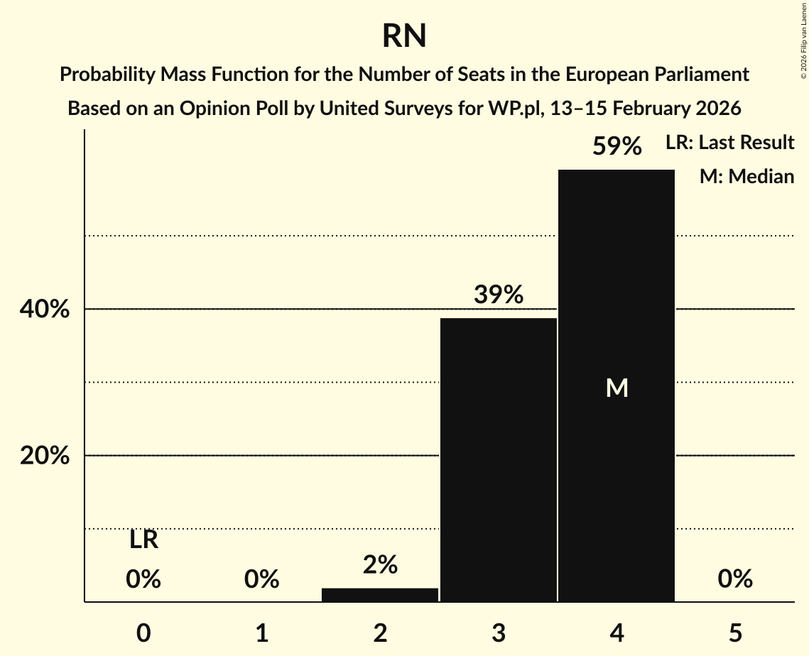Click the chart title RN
click(x=404, y=35)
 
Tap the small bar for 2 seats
click(x=380, y=595)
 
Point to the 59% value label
click(x=617, y=147)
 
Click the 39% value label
click(x=499, y=295)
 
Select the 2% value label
click(x=380, y=564)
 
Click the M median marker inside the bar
click(x=617, y=388)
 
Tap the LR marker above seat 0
click(x=143, y=540)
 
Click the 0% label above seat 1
click(x=261, y=579)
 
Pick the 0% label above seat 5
click(x=734, y=579)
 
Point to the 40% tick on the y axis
click(x=45, y=310)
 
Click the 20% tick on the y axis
click(x=45, y=456)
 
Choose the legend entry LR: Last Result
click(x=729, y=143)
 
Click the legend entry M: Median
click(x=746, y=176)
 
